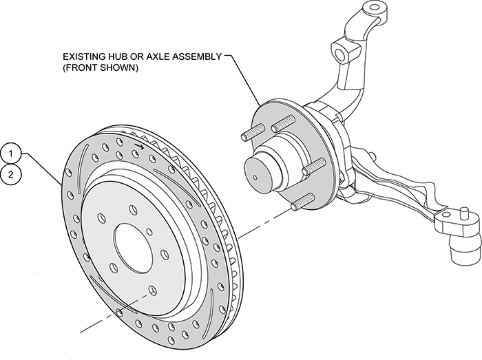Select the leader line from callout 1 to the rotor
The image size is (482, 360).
tap(41, 169)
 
